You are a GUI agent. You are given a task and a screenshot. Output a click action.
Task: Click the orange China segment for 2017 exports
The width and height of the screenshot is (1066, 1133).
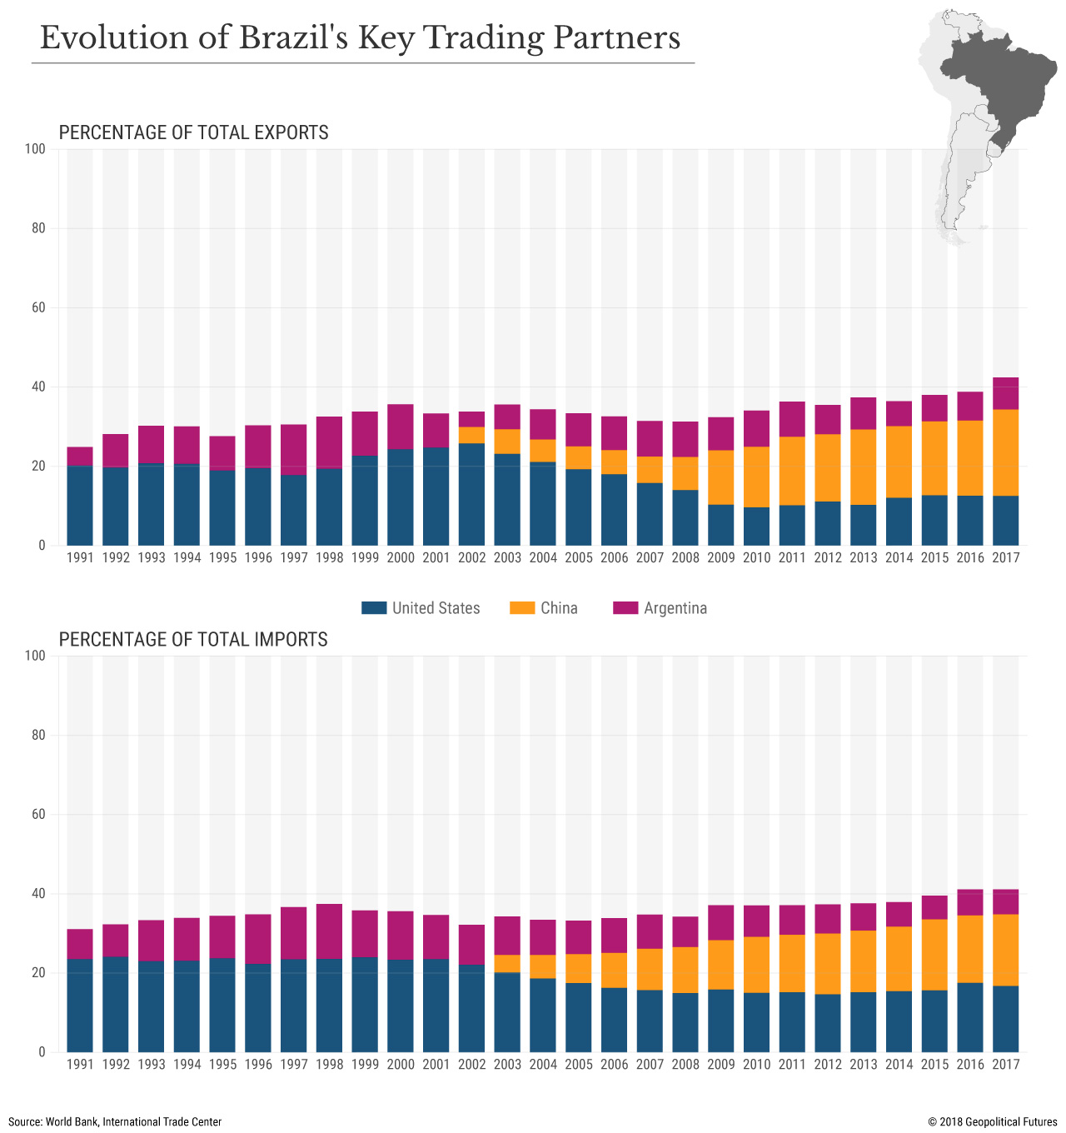(1005, 452)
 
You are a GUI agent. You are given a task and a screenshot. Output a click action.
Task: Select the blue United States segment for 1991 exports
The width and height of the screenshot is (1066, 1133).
(80, 506)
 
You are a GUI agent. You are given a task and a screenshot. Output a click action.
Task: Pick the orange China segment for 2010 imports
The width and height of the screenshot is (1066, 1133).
(756, 965)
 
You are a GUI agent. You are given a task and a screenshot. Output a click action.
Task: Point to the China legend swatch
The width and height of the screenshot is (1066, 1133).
(521, 608)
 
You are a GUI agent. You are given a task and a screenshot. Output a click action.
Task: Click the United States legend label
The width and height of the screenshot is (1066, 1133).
(436, 608)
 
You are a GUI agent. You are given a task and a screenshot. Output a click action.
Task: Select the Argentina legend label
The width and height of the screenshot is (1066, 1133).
(675, 608)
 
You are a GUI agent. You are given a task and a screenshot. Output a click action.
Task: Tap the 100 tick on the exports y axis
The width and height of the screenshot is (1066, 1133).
(35, 149)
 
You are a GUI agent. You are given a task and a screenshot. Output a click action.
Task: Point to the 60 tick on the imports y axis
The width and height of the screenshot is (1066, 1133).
(38, 814)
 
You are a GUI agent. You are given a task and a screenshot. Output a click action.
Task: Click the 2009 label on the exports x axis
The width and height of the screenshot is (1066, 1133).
(721, 558)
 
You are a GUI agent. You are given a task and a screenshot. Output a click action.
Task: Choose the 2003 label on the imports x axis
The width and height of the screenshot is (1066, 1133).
(507, 1064)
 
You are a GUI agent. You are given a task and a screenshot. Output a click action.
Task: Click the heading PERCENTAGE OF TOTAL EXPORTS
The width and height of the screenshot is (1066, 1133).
(193, 132)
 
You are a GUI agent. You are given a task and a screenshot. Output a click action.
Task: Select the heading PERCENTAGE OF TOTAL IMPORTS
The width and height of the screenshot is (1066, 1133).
(193, 639)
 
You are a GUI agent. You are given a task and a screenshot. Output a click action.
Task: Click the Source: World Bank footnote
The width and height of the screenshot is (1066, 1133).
(115, 1121)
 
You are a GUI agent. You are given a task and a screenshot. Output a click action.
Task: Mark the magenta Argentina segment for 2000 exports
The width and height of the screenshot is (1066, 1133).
(401, 427)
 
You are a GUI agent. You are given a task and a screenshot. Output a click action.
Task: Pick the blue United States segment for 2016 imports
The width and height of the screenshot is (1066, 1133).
(969, 1017)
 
